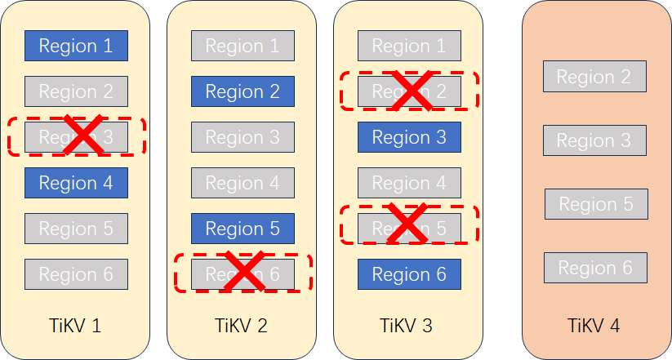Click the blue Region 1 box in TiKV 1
pyautogui.click(x=76, y=46)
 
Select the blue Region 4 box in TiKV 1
pyautogui.click(x=76, y=183)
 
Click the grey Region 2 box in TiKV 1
pyautogui.click(x=76, y=91)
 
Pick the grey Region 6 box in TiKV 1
pyautogui.click(x=76, y=274)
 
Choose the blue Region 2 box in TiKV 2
pyautogui.click(x=243, y=91)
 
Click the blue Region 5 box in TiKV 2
pyautogui.click(x=243, y=229)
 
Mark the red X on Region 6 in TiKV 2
pyautogui.click(x=243, y=273)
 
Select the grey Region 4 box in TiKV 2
pyautogui.click(x=243, y=183)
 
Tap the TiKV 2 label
pyautogui.click(x=242, y=326)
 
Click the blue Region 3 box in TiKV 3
pyautogui.click(x=409, y=137)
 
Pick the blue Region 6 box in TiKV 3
pyautogui.click(x=409, y=274)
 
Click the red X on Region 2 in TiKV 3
pyautogui.click(x=409, y=91)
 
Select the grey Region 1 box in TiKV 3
pyautogui.click(x=409, y=46)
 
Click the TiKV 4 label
pyautogui.click(x=594, y=326)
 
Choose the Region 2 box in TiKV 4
pyautogui.click(x=594, y=77)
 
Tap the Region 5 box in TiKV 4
pyautogui.click(x=596, y=204)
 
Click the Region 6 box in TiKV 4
pyautogui.click(x=595, y=268)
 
